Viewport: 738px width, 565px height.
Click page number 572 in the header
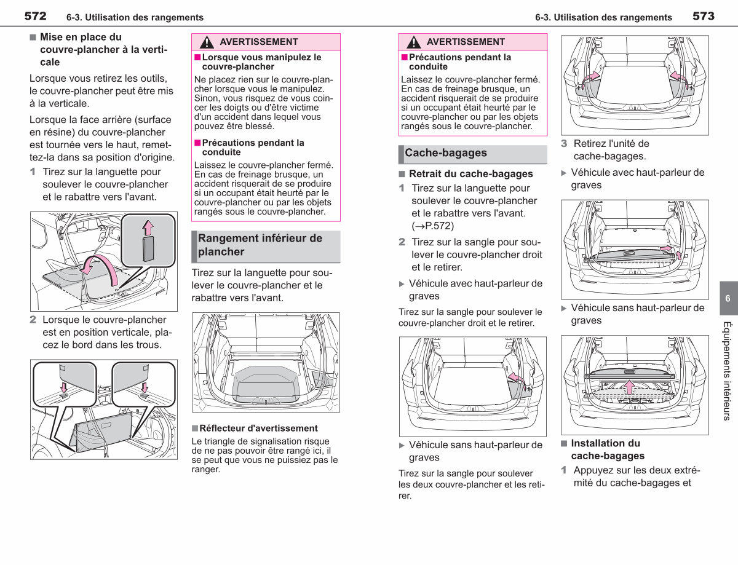click(35, 16)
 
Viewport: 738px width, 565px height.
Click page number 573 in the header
click(704, 16)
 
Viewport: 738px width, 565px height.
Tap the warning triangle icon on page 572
click(207, 42)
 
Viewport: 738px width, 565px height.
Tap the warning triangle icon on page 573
click(414, 42)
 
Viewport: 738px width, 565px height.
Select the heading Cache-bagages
click(446, 152)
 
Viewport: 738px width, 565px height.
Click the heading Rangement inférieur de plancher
click(260, 245)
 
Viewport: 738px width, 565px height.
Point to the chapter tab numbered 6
click(728, 298)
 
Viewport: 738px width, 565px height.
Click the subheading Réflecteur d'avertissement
click(258, 429)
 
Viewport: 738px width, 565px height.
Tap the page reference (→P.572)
click(433, 226)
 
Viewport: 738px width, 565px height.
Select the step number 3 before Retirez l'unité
click(564, 143)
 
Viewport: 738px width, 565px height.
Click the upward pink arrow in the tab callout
click(148, 228)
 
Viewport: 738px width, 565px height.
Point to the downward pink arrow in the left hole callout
click(64, 387)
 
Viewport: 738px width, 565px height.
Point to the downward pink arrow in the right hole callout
click(145, 388)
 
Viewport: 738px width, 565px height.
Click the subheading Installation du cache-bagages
click(608, 449)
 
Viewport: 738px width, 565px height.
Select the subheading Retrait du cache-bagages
click(470, 174)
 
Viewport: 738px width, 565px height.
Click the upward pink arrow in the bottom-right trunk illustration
click(629, 387)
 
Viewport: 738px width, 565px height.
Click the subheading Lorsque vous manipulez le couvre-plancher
click(261, 61)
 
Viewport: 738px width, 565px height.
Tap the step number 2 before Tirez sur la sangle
click(402, 242)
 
